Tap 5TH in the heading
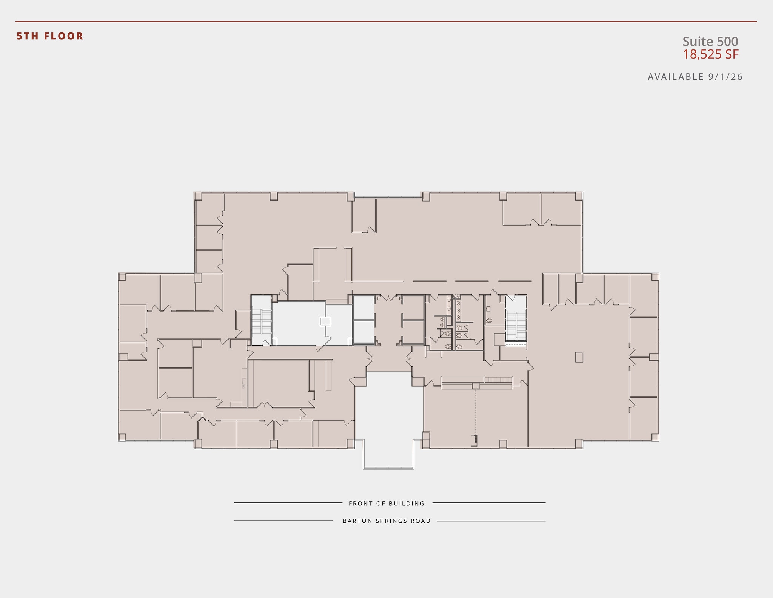point(28,36)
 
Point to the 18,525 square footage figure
point(702,54)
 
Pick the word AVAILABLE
point(676,77)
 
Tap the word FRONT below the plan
point(360,504)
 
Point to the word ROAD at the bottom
point(421,521)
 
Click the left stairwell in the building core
point(261,321)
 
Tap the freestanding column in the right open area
point(579,357)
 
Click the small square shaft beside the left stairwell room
point(325,321)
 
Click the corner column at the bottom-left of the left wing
point(122,437)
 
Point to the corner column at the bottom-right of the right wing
point(655,437)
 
